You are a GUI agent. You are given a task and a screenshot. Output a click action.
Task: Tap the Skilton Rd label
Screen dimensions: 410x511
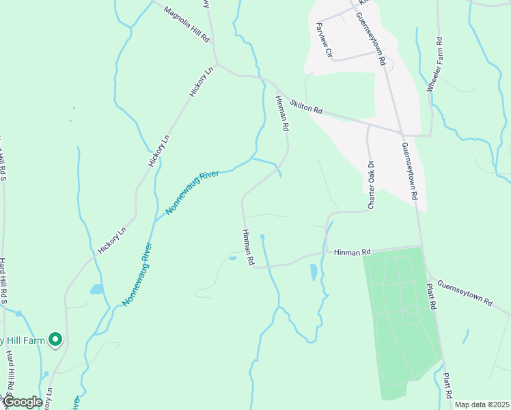click(x=305, y=107)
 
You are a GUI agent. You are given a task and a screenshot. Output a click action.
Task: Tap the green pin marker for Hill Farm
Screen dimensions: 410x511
click(x=55, y=339)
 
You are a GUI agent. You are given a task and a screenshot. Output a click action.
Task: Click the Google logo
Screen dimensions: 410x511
click(x=23, y=402)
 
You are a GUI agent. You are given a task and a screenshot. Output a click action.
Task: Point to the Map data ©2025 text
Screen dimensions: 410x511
click(x=482, y=405)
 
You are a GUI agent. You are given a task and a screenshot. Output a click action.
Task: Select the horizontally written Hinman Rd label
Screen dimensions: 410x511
click(x=351, y=252)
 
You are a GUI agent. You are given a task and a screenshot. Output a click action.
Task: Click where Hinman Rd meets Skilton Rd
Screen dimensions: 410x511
click(x=277, y=87)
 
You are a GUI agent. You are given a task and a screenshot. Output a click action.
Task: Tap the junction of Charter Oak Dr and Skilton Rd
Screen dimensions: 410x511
click(x=368, y=125)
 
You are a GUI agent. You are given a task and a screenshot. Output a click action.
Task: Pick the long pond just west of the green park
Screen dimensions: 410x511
click(x=314, y=272)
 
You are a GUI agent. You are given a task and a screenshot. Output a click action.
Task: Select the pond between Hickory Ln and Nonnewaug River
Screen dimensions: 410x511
click(x=96, y=289)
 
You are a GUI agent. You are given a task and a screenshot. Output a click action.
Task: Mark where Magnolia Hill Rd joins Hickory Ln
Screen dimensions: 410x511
click(x=216, y=66)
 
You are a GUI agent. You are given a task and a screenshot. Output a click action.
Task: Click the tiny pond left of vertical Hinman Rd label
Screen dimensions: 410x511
click(x=232, y=258)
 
